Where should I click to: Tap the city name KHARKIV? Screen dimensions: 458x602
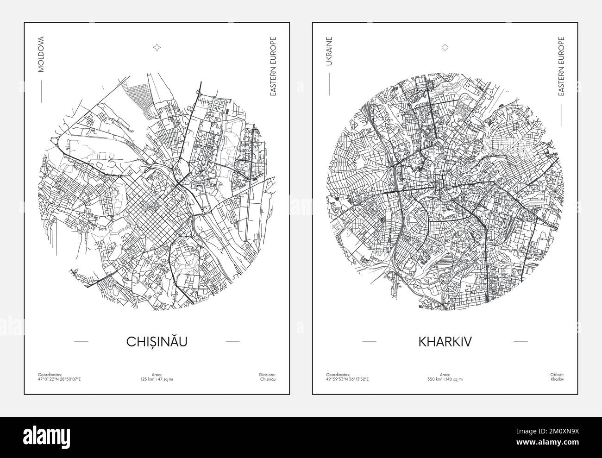click(445, 341)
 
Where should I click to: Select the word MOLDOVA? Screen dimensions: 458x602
click(41, 54)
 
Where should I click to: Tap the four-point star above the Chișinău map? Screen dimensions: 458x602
click(157, 47)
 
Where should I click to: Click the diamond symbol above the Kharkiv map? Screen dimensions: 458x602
click(445, 47)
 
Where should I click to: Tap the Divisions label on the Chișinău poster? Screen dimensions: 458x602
click(268, 374)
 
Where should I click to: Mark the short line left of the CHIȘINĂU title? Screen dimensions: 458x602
click(81, 341)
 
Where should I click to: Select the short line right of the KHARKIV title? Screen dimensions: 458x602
click(520, 341)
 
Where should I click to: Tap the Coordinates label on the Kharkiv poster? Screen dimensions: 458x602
click(338, 374)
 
